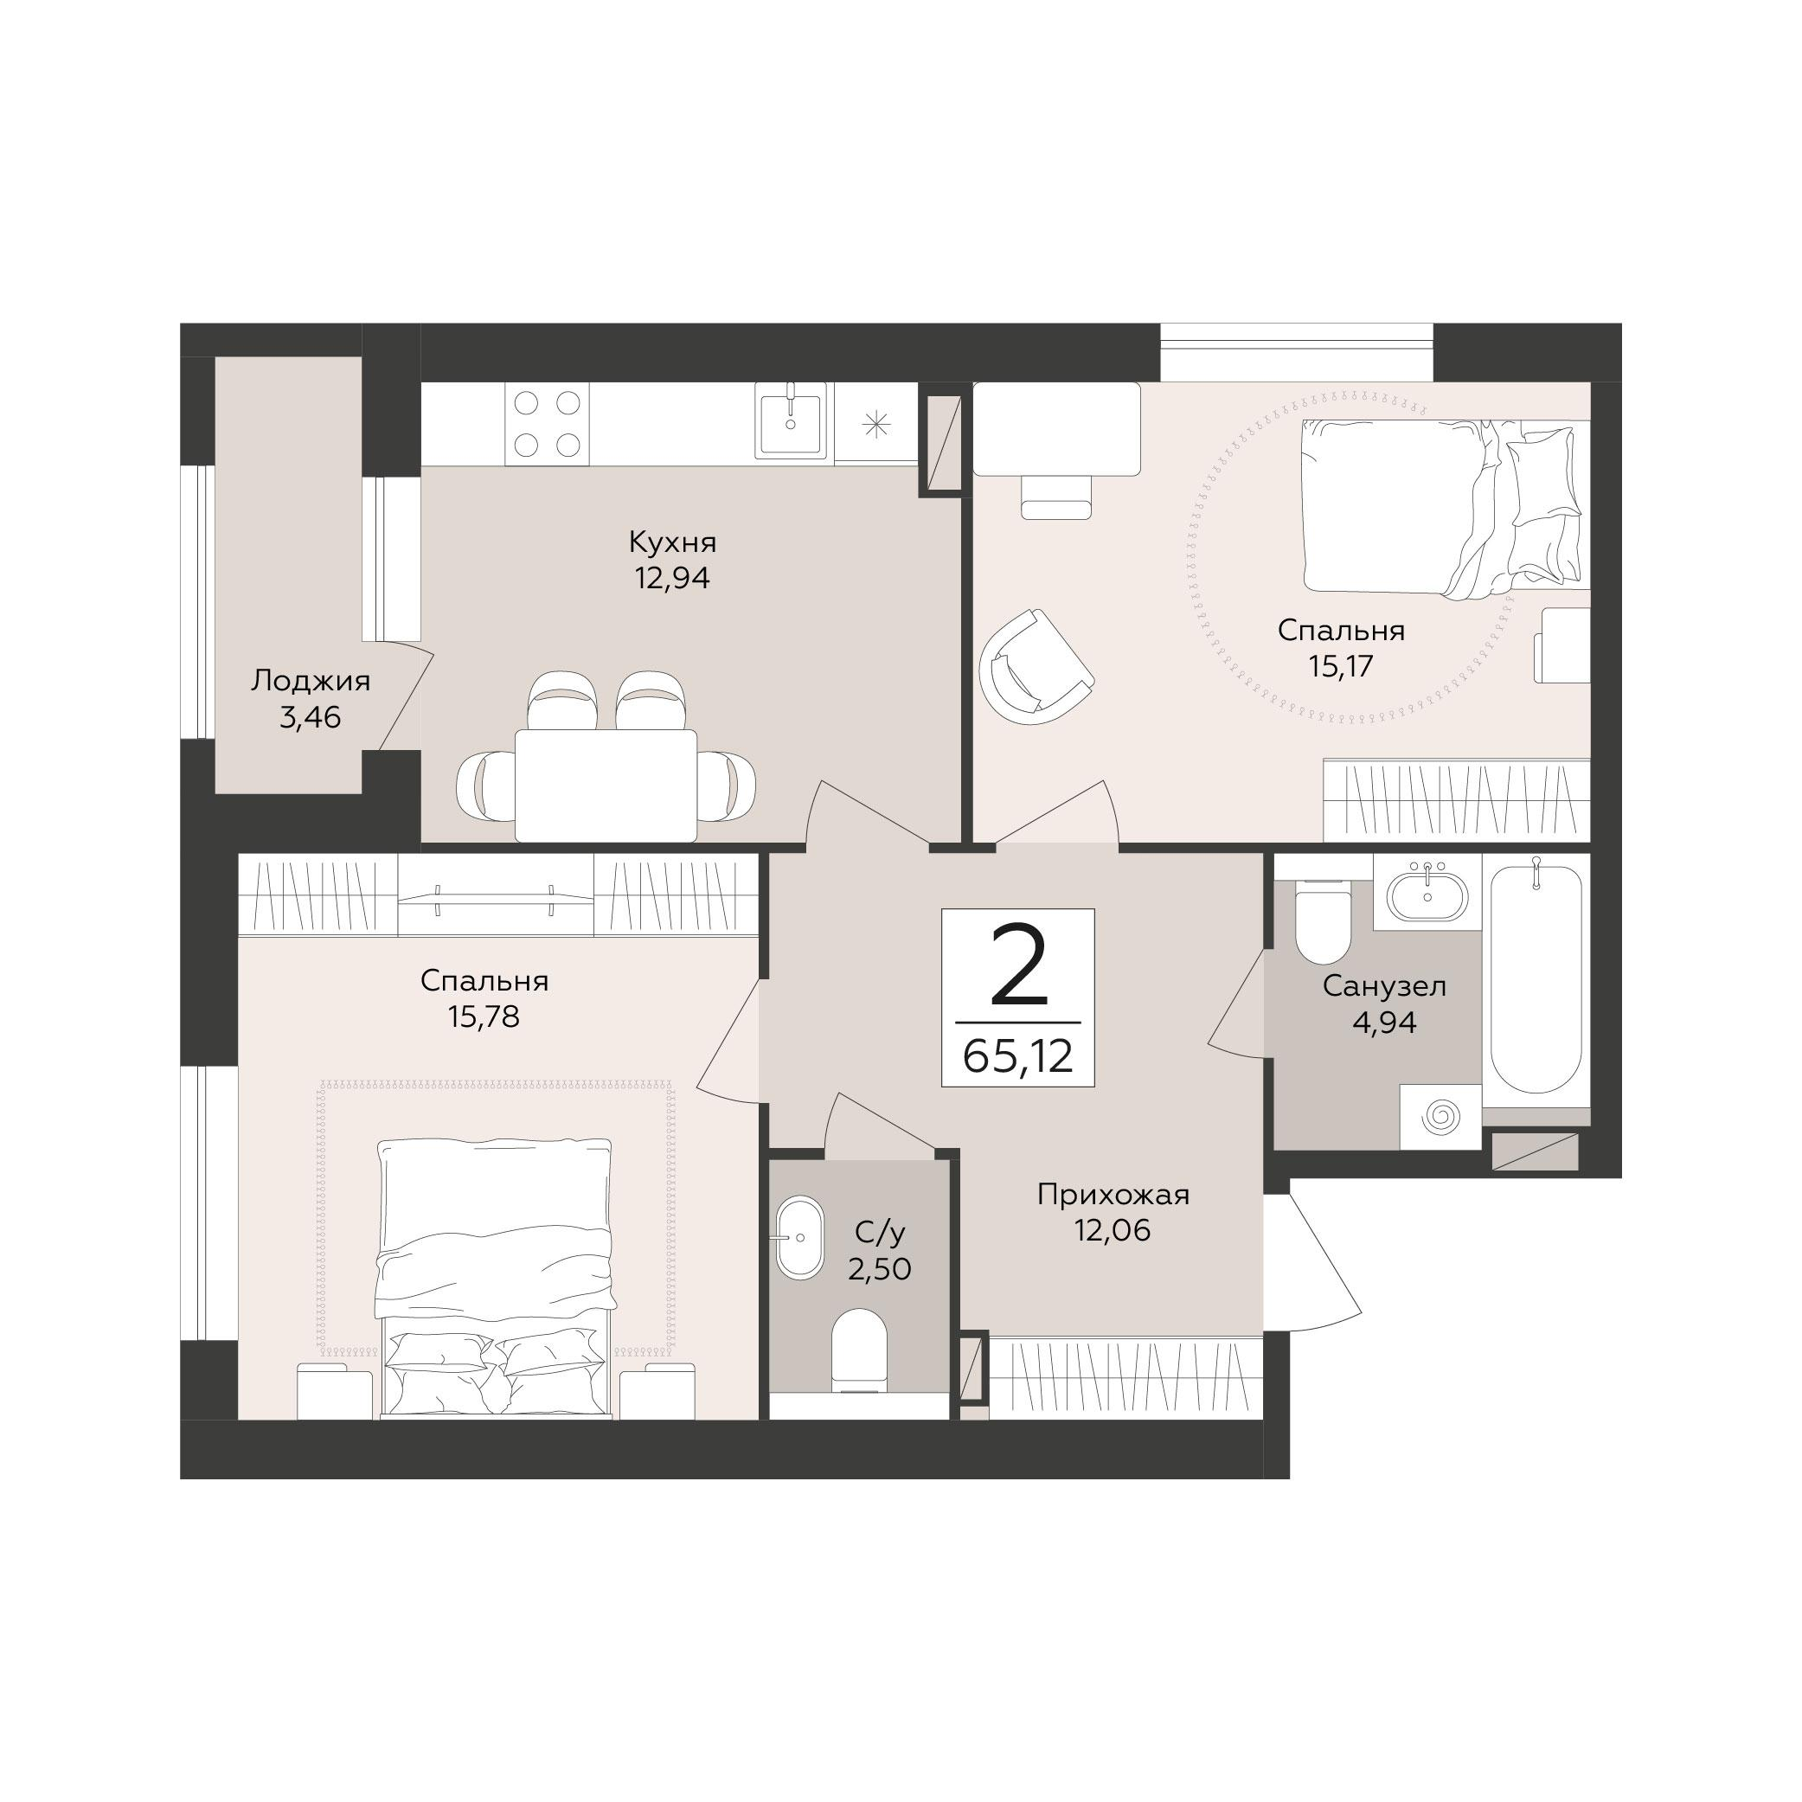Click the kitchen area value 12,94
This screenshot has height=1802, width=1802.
pos(672,578)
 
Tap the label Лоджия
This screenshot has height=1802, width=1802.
pos(311,682)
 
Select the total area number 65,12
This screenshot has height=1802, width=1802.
pos(1017,1058)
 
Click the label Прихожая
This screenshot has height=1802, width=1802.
pos(1113,1195)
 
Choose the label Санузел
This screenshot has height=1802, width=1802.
pos(1384,986)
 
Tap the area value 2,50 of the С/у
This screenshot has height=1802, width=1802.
pos(879,1269)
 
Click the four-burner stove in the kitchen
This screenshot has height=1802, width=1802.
pos(548,425)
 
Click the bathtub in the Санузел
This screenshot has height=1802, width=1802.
pos(1536,978)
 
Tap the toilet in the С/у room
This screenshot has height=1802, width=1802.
pos(858,1350)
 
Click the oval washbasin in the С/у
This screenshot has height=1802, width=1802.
pos(798,1237)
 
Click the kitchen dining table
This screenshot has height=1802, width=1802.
pos(606,786)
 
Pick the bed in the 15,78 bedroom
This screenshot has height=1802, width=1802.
pos(496,1278)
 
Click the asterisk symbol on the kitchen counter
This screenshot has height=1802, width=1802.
pos(875,425)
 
